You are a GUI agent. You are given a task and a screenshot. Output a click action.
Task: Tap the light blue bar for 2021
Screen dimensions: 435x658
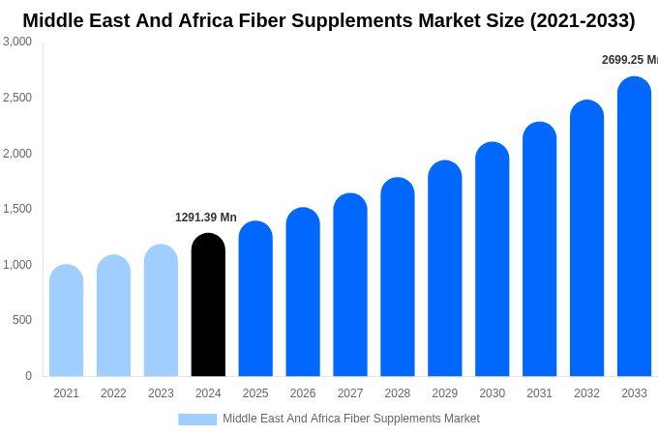click(x=66, y=321)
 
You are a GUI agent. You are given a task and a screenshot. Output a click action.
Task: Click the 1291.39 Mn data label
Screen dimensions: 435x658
click(x=206, y=217)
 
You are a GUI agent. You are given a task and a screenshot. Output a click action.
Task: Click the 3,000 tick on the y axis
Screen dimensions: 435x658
click(x=17, y=42)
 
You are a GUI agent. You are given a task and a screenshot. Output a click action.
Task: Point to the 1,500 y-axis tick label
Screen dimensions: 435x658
click(x=17, y=209)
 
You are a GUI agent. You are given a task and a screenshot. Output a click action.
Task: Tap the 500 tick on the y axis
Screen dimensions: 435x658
click(x=22, y=320)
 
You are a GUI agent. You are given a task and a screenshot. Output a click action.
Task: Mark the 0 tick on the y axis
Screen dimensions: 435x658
click(x=28, y=376)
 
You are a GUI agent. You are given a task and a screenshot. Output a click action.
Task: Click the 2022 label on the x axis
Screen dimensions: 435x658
click(x=113, y=393)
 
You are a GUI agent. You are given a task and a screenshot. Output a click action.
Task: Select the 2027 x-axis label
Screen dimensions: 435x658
click(x=350, y=393)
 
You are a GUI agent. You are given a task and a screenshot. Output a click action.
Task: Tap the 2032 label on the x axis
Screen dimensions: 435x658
click(x=586, y=393)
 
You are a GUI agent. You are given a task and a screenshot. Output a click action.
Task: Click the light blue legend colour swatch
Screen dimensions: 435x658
click(x=197, y=420)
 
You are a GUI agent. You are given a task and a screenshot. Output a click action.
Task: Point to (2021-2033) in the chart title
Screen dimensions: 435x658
click(x=582, y=20)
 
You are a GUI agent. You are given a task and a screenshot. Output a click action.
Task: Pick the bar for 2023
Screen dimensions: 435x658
click(x=161, y=311)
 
